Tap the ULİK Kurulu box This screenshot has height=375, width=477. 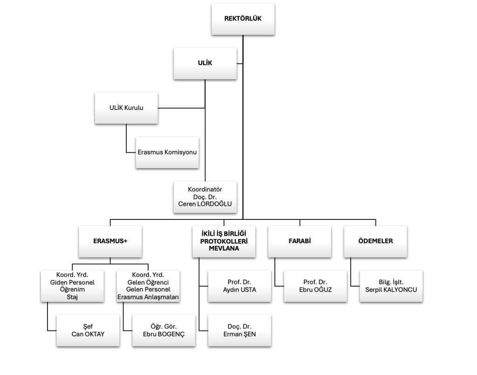click(126, 108)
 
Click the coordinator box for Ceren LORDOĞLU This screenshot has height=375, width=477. click(205, 196)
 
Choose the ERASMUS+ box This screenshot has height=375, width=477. click(110, 242)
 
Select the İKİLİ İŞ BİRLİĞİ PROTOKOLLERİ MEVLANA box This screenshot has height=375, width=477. click(224, 242)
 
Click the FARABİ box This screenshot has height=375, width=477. click(300, 242)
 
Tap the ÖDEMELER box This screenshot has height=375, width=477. click(375, 242)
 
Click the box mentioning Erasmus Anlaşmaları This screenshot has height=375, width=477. click(148, 286)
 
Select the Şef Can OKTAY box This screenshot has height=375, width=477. click(88, 330)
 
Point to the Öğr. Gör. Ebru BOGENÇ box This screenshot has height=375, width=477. click(163, 330)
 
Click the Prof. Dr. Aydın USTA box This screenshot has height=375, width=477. click(239, 286)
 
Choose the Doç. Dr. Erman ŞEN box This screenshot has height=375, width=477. click(239, 330)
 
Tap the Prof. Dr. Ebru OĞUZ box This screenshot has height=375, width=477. click(316, 286)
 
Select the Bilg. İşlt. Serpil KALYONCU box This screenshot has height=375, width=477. click(391, 286)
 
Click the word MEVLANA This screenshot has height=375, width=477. click(224, 249)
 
